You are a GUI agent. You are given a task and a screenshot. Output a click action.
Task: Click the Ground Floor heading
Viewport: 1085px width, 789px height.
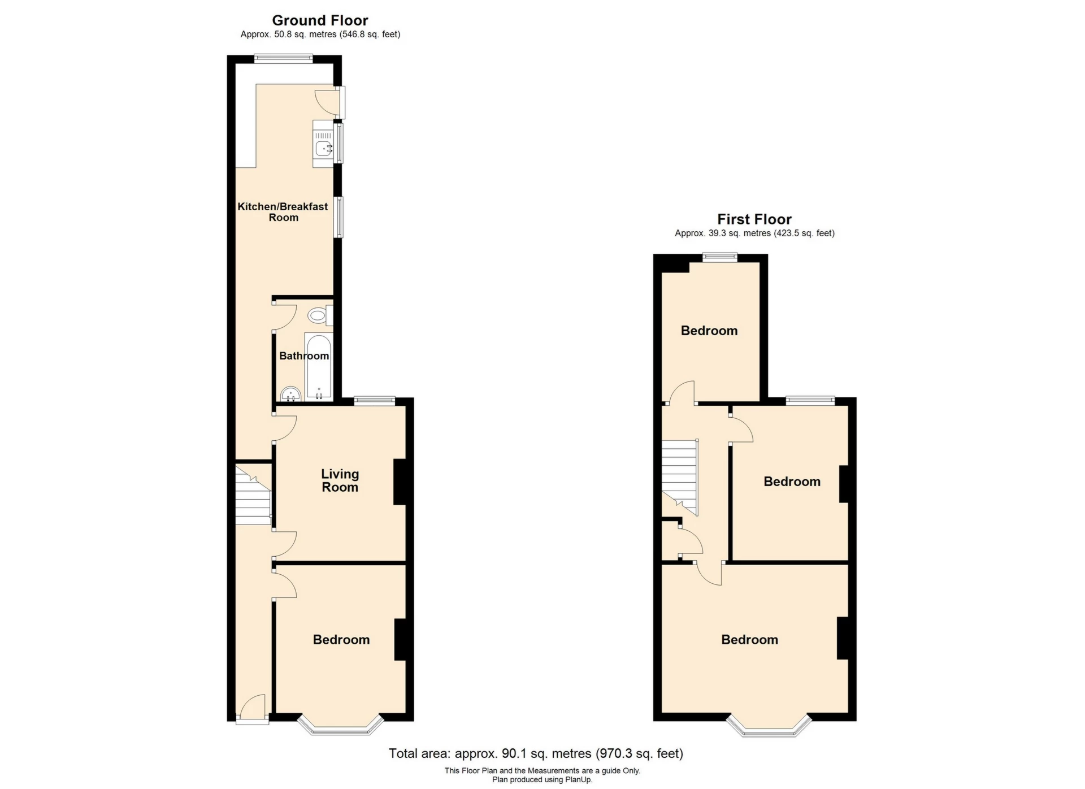point(320,20)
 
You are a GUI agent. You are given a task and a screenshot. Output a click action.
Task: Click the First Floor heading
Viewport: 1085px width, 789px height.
point(754,219)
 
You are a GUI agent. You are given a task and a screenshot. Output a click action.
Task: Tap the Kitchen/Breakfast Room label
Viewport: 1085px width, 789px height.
point(283,212)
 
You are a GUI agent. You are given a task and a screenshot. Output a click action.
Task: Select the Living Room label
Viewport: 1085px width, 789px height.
point(340,480)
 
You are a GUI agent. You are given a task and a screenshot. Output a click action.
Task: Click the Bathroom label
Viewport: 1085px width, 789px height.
point(303,356)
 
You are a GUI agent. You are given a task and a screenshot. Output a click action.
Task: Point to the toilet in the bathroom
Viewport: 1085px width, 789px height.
point(320,315)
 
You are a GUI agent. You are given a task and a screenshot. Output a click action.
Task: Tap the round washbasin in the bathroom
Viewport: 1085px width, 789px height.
point(290,393)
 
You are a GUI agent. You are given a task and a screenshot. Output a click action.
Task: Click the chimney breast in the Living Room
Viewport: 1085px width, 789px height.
point(400,481)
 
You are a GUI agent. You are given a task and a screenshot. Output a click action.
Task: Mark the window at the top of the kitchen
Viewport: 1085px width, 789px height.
point(283,58)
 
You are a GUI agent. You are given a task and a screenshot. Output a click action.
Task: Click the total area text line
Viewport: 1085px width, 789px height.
point(535,753)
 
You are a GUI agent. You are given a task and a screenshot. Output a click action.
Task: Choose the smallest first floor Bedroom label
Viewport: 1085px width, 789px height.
point(709,331)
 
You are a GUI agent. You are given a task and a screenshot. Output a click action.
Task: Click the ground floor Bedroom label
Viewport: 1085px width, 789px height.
point(341,639)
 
